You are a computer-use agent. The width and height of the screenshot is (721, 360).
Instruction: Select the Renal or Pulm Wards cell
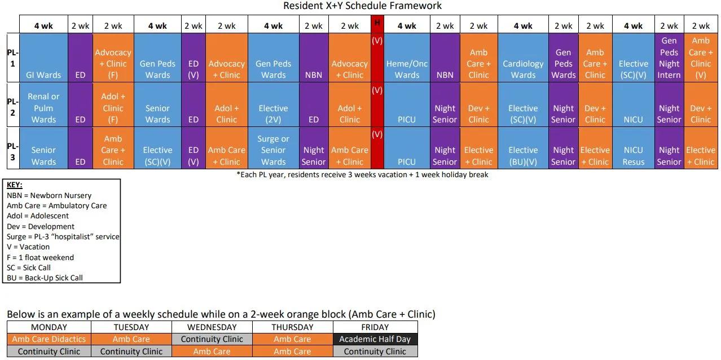(43, 108)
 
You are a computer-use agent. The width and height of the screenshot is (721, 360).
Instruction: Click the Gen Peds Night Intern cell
(669, 58)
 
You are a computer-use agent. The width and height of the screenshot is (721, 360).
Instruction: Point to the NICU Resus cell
(633, 156)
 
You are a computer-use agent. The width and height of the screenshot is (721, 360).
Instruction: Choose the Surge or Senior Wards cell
(273, 150)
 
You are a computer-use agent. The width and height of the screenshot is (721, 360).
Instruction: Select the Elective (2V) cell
(273, 113)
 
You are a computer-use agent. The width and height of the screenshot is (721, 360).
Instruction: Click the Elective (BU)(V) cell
(523, 156)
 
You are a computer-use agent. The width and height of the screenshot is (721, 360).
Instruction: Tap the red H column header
(377, 24)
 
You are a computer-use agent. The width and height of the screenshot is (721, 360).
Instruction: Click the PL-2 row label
(12, 107)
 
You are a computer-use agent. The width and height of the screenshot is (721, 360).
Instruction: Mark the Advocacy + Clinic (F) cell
(113, 63)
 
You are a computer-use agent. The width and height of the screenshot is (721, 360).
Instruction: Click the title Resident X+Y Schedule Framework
(362, 6)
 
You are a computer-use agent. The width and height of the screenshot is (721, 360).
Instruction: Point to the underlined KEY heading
(15, 185)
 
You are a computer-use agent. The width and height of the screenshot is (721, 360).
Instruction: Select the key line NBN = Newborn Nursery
(49, 195)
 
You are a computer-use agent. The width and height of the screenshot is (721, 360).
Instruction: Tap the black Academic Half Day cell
(375, 339)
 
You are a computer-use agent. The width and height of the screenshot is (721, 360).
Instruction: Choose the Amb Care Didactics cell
(49, 339)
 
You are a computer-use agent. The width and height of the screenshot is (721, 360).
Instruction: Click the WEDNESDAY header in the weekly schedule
(212, 327)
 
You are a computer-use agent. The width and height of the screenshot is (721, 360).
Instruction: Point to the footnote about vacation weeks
(362, 175)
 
